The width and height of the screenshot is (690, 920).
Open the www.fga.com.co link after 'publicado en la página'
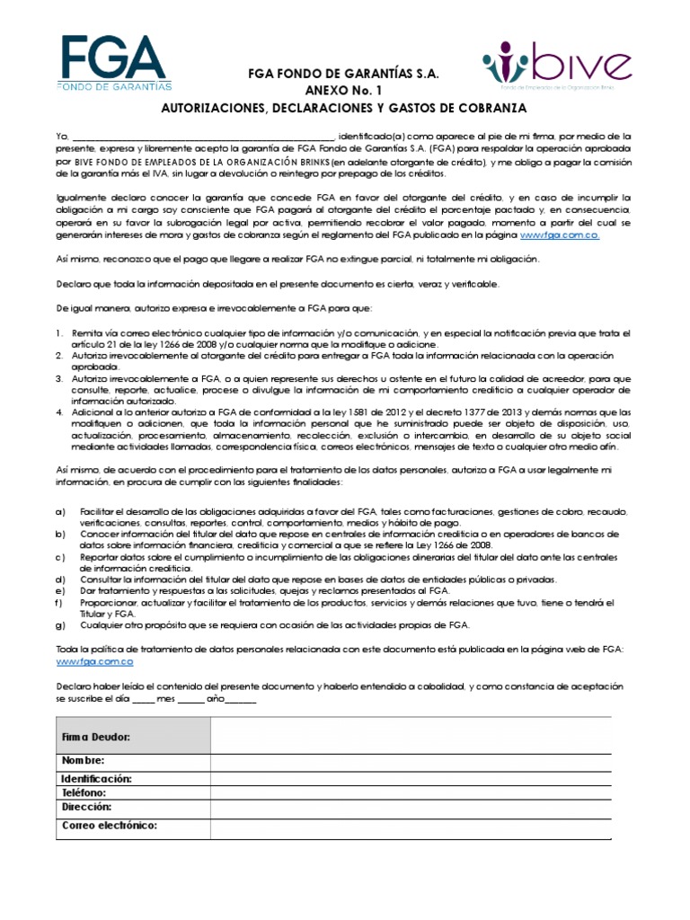(560, 234)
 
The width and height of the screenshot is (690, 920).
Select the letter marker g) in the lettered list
(60, 624)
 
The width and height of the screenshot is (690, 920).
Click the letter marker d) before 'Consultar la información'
(60, 579)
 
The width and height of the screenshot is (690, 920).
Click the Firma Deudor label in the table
(96, 737)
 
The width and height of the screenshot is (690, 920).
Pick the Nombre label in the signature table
(84, 761)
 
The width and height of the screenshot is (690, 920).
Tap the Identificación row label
(97, 778)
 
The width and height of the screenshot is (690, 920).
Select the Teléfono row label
(84, 793)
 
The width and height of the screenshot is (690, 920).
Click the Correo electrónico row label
(110, 824)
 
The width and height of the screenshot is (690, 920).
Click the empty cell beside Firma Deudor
(411, 735)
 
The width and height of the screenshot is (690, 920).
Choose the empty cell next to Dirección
(411, 808)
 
